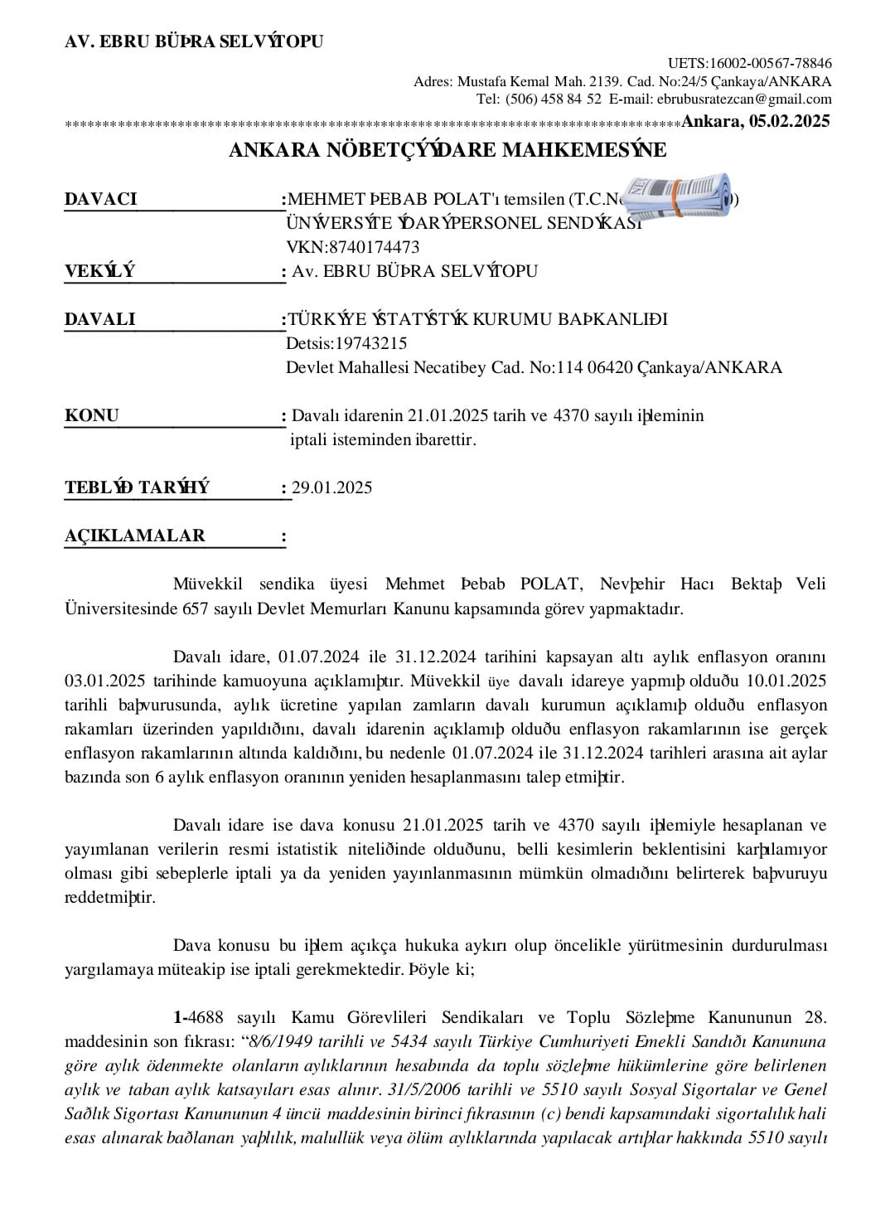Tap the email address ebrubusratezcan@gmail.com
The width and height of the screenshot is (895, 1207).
(744, 99)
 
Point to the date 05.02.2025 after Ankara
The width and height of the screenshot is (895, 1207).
(789, 121)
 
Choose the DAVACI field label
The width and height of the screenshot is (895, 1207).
(100, 199)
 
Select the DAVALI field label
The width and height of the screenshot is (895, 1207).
(99, 319)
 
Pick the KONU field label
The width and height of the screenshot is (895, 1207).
(92, 415)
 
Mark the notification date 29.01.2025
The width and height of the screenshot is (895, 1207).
(331, 487)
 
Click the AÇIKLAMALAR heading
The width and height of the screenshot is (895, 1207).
(134, 536)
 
